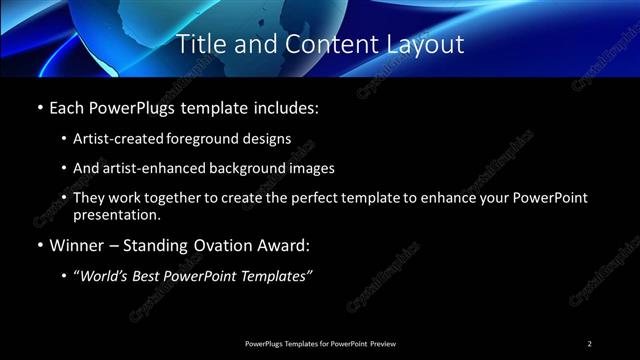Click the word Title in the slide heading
pos(199,45)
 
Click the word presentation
pos(116,214)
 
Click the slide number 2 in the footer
pos(590,344)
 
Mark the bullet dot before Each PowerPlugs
pos(39,107)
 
